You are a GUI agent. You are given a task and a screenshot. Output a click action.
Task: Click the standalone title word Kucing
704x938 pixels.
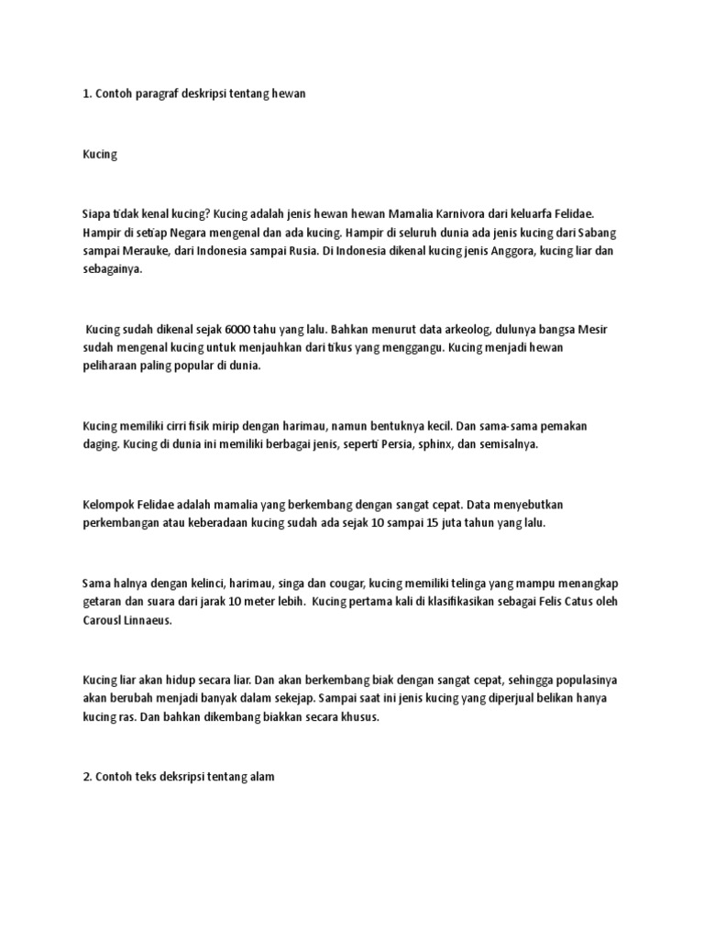point(100,155)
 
